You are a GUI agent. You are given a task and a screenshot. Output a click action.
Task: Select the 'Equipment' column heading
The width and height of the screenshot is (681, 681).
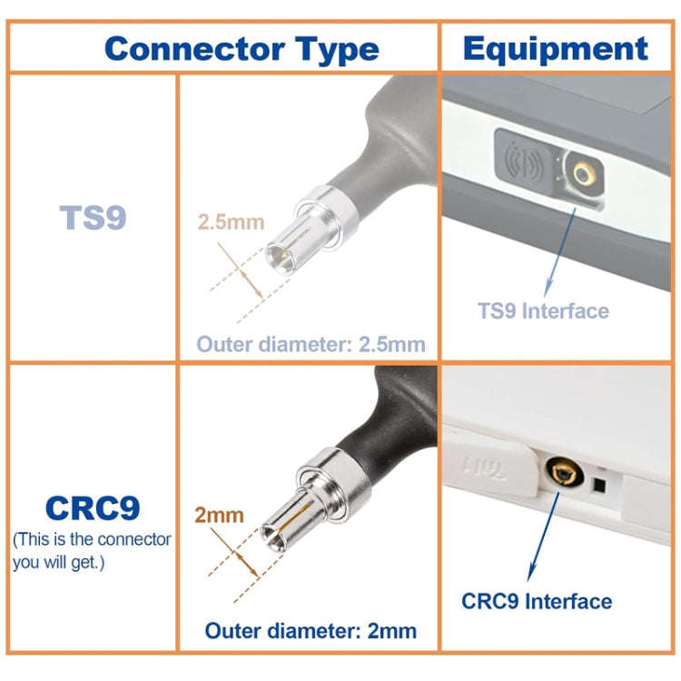point(555,48)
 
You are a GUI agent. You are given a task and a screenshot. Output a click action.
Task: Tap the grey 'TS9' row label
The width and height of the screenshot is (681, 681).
point(93,217)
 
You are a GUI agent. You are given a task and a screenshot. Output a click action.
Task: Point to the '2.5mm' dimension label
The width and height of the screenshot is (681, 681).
point(231,222)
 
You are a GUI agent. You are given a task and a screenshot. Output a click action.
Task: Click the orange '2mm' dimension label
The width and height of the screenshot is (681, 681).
point(219,515)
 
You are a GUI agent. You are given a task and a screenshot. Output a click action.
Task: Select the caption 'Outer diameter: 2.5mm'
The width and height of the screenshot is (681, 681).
point(311,344)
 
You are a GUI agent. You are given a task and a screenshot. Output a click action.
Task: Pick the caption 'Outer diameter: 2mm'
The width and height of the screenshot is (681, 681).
point(311,630)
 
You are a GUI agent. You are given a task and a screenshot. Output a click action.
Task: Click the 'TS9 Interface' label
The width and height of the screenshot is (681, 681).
point(543,311)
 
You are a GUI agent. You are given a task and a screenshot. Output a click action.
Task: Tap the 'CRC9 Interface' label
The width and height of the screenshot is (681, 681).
point(537,601)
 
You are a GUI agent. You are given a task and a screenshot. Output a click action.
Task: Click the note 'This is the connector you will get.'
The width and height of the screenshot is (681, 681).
point(92,550)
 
